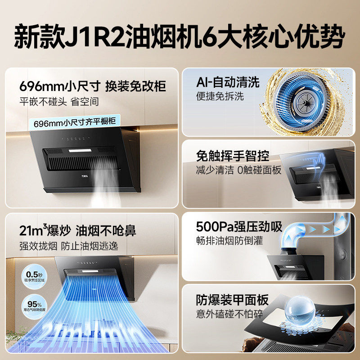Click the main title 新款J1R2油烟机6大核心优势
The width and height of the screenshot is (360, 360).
click(180, 36)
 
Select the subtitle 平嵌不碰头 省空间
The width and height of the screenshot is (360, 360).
click(59, 102)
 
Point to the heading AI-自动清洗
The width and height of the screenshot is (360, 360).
click(228, 82)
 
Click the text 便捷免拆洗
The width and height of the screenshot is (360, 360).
click(220, 97)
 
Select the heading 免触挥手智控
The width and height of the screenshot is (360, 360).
click(233, 156)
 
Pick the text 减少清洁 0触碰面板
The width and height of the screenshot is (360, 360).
click(238, 171)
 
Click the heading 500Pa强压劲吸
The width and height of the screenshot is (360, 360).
click(239, 226)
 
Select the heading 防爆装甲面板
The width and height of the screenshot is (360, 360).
click(233, 299)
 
